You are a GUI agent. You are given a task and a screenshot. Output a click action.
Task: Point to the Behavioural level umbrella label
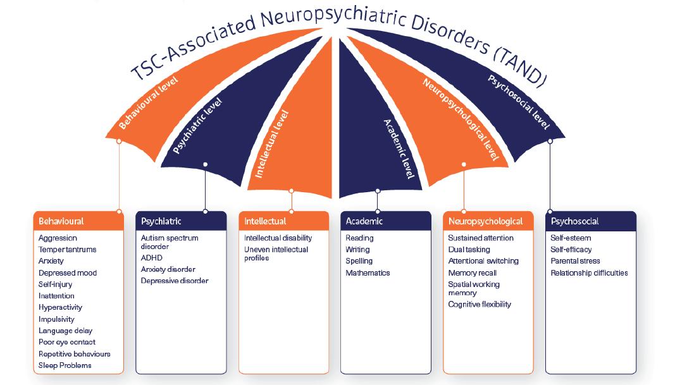point(149,103)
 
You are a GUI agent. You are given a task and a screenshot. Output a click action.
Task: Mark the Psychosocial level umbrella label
point(518,102)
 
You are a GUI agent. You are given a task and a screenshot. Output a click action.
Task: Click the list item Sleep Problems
point(65,365)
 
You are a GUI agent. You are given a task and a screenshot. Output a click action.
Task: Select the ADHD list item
point(151,258)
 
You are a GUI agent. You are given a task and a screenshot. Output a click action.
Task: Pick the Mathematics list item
point(368,273)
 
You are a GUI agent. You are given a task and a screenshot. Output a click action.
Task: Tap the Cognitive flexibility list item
point(480,305)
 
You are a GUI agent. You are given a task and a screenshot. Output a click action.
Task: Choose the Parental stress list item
point(575,261)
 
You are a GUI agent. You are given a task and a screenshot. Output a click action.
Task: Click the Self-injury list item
point(55,284)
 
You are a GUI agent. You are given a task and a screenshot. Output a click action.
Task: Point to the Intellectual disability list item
point(278,238)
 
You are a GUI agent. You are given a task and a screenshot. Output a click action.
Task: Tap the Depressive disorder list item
point(174,281)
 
